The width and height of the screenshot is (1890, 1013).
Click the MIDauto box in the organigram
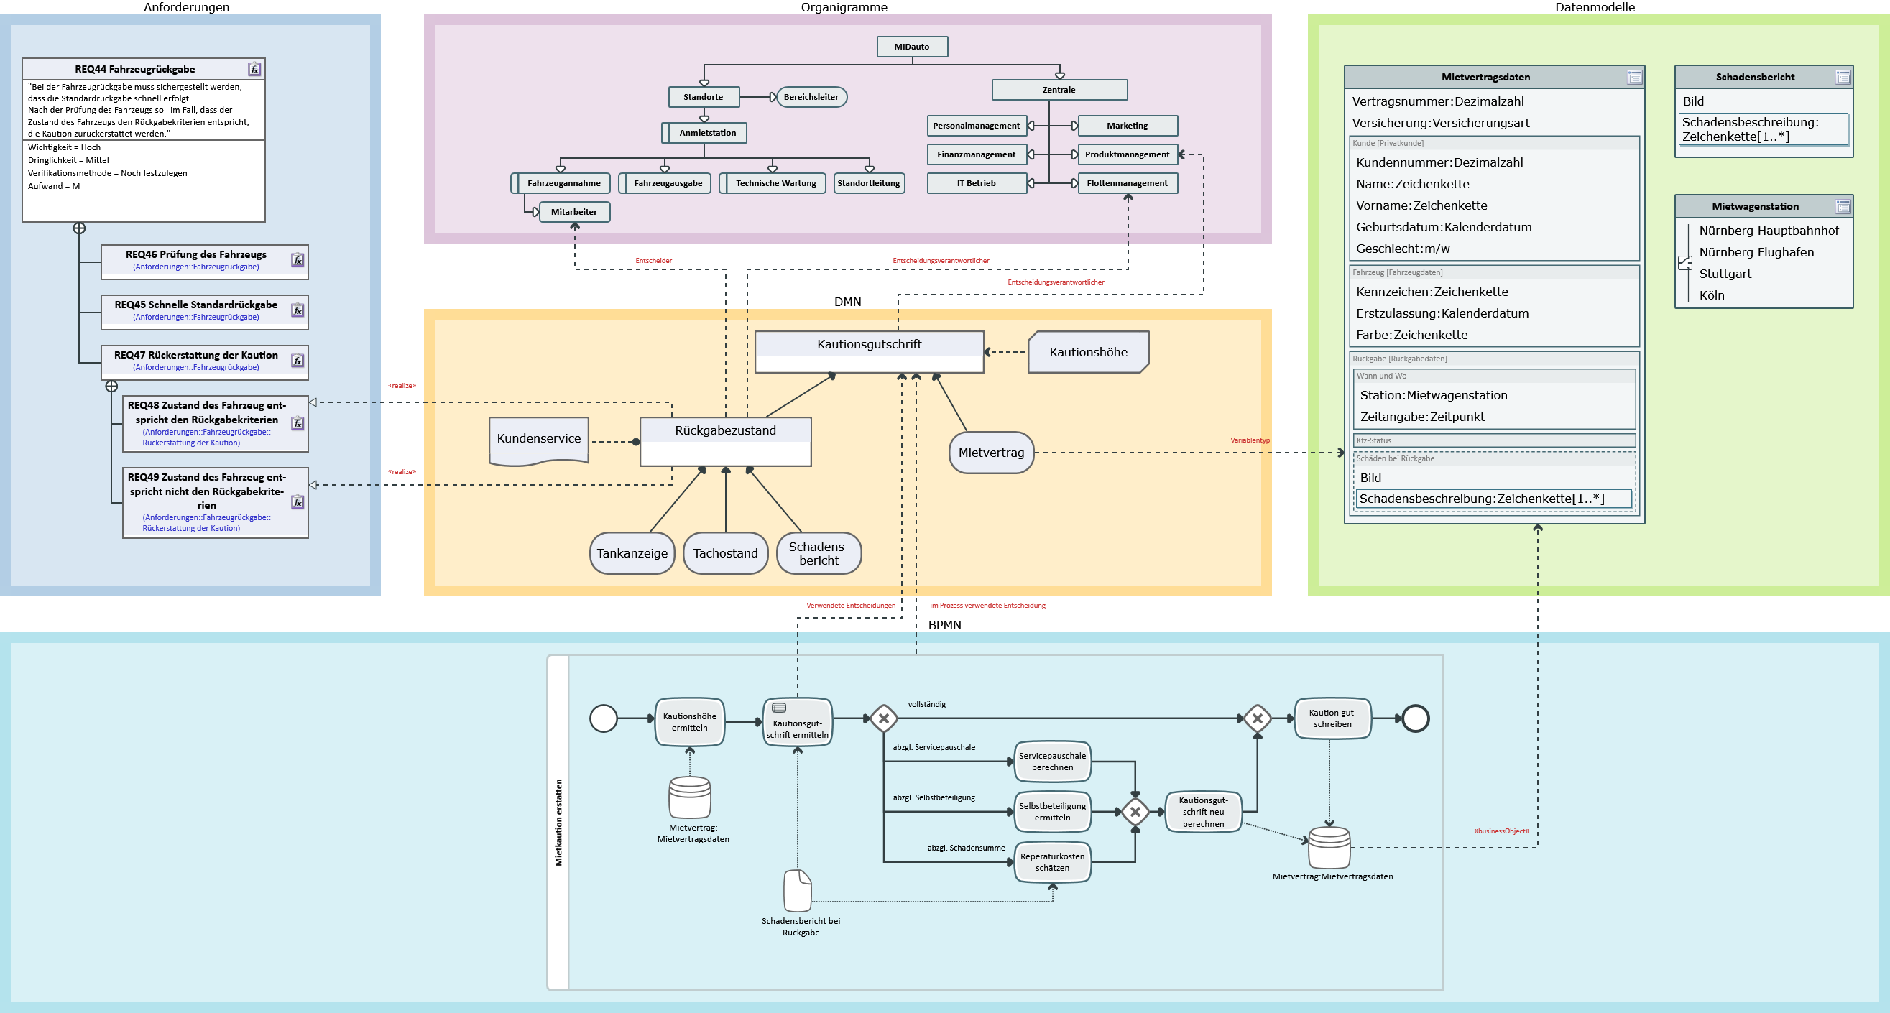(x=912, y=47)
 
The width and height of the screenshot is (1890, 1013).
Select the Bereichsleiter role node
(x=811, y=97)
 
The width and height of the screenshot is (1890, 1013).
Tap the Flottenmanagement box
(x=1128, y=183)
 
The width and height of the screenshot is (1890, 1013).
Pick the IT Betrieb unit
(x=977, y=183)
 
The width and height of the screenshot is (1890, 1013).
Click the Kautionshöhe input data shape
(x=1088, y=352)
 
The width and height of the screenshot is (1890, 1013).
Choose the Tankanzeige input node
(x=632, y=553)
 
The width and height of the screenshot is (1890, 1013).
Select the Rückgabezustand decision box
(x=726, y=442)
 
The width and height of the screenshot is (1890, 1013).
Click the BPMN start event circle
(x=604, y=719)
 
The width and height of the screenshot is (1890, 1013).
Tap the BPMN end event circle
(x=1415, y=719)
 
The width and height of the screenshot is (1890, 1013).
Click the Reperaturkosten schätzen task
(x=1052, y=862)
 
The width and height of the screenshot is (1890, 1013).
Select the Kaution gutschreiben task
(x=1332, y=719)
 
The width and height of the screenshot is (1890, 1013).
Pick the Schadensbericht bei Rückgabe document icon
(x=798, y=890)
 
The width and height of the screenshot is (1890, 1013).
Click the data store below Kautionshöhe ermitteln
(x=690, y=797)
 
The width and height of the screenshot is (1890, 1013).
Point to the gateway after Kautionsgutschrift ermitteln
(x=884, y=719)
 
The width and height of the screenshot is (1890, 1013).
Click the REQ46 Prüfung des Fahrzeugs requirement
(x=205, y=262)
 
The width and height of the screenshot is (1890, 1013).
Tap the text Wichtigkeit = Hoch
(x=65, y=147)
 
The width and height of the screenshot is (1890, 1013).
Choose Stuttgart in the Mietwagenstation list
(x=1725, y=274)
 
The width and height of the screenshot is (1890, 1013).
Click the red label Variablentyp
(x=1250, y=440)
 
